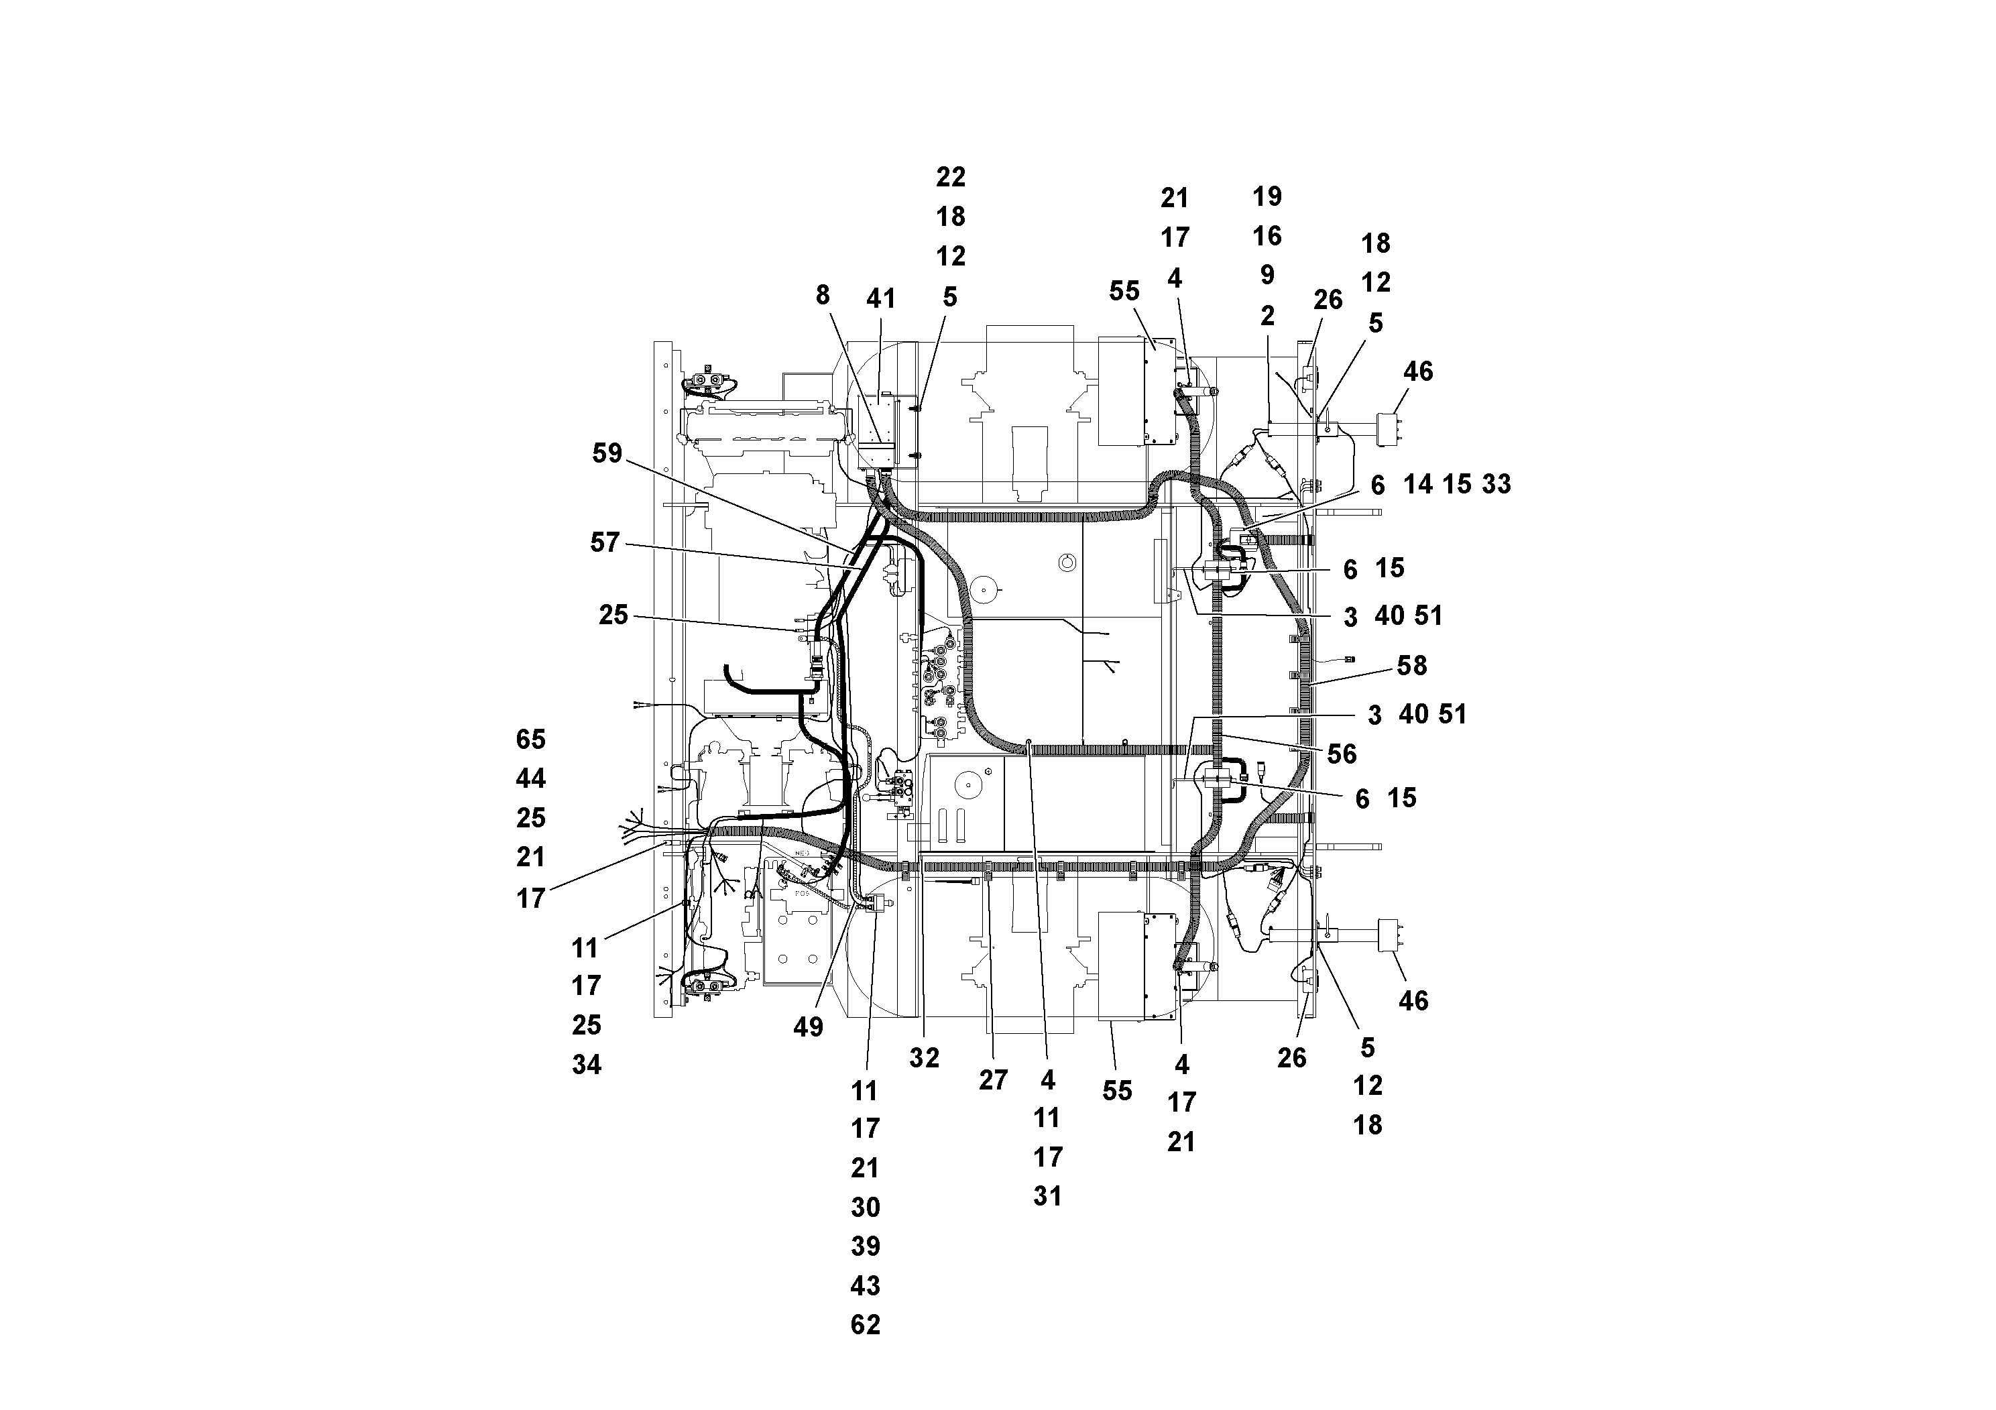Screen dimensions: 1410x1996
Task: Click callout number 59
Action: tap(607, 453)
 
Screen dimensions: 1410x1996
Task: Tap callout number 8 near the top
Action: tap(823, 296)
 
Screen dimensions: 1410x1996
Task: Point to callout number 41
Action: tap(880, 299)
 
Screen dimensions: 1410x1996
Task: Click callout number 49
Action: tap(808, 1028)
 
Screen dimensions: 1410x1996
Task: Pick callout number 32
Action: tap(924, 1058)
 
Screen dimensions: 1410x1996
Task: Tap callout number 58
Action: tap(1412, 666)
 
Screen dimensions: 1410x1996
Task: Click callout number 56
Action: tap(1342, 754)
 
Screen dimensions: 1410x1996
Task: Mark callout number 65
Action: tap(530, 740)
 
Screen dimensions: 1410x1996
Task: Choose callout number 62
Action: tap(865, 1325)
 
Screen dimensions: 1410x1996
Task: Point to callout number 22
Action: tap(950, 177)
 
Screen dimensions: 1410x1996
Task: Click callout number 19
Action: tap(1267, 196)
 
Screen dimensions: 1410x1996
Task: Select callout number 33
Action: tap(1496, 484)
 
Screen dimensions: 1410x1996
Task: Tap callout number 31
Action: tap(1047, 1196)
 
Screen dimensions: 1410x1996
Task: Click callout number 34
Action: tap(587, 1065)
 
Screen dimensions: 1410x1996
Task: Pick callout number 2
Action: tap(1267, 316)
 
